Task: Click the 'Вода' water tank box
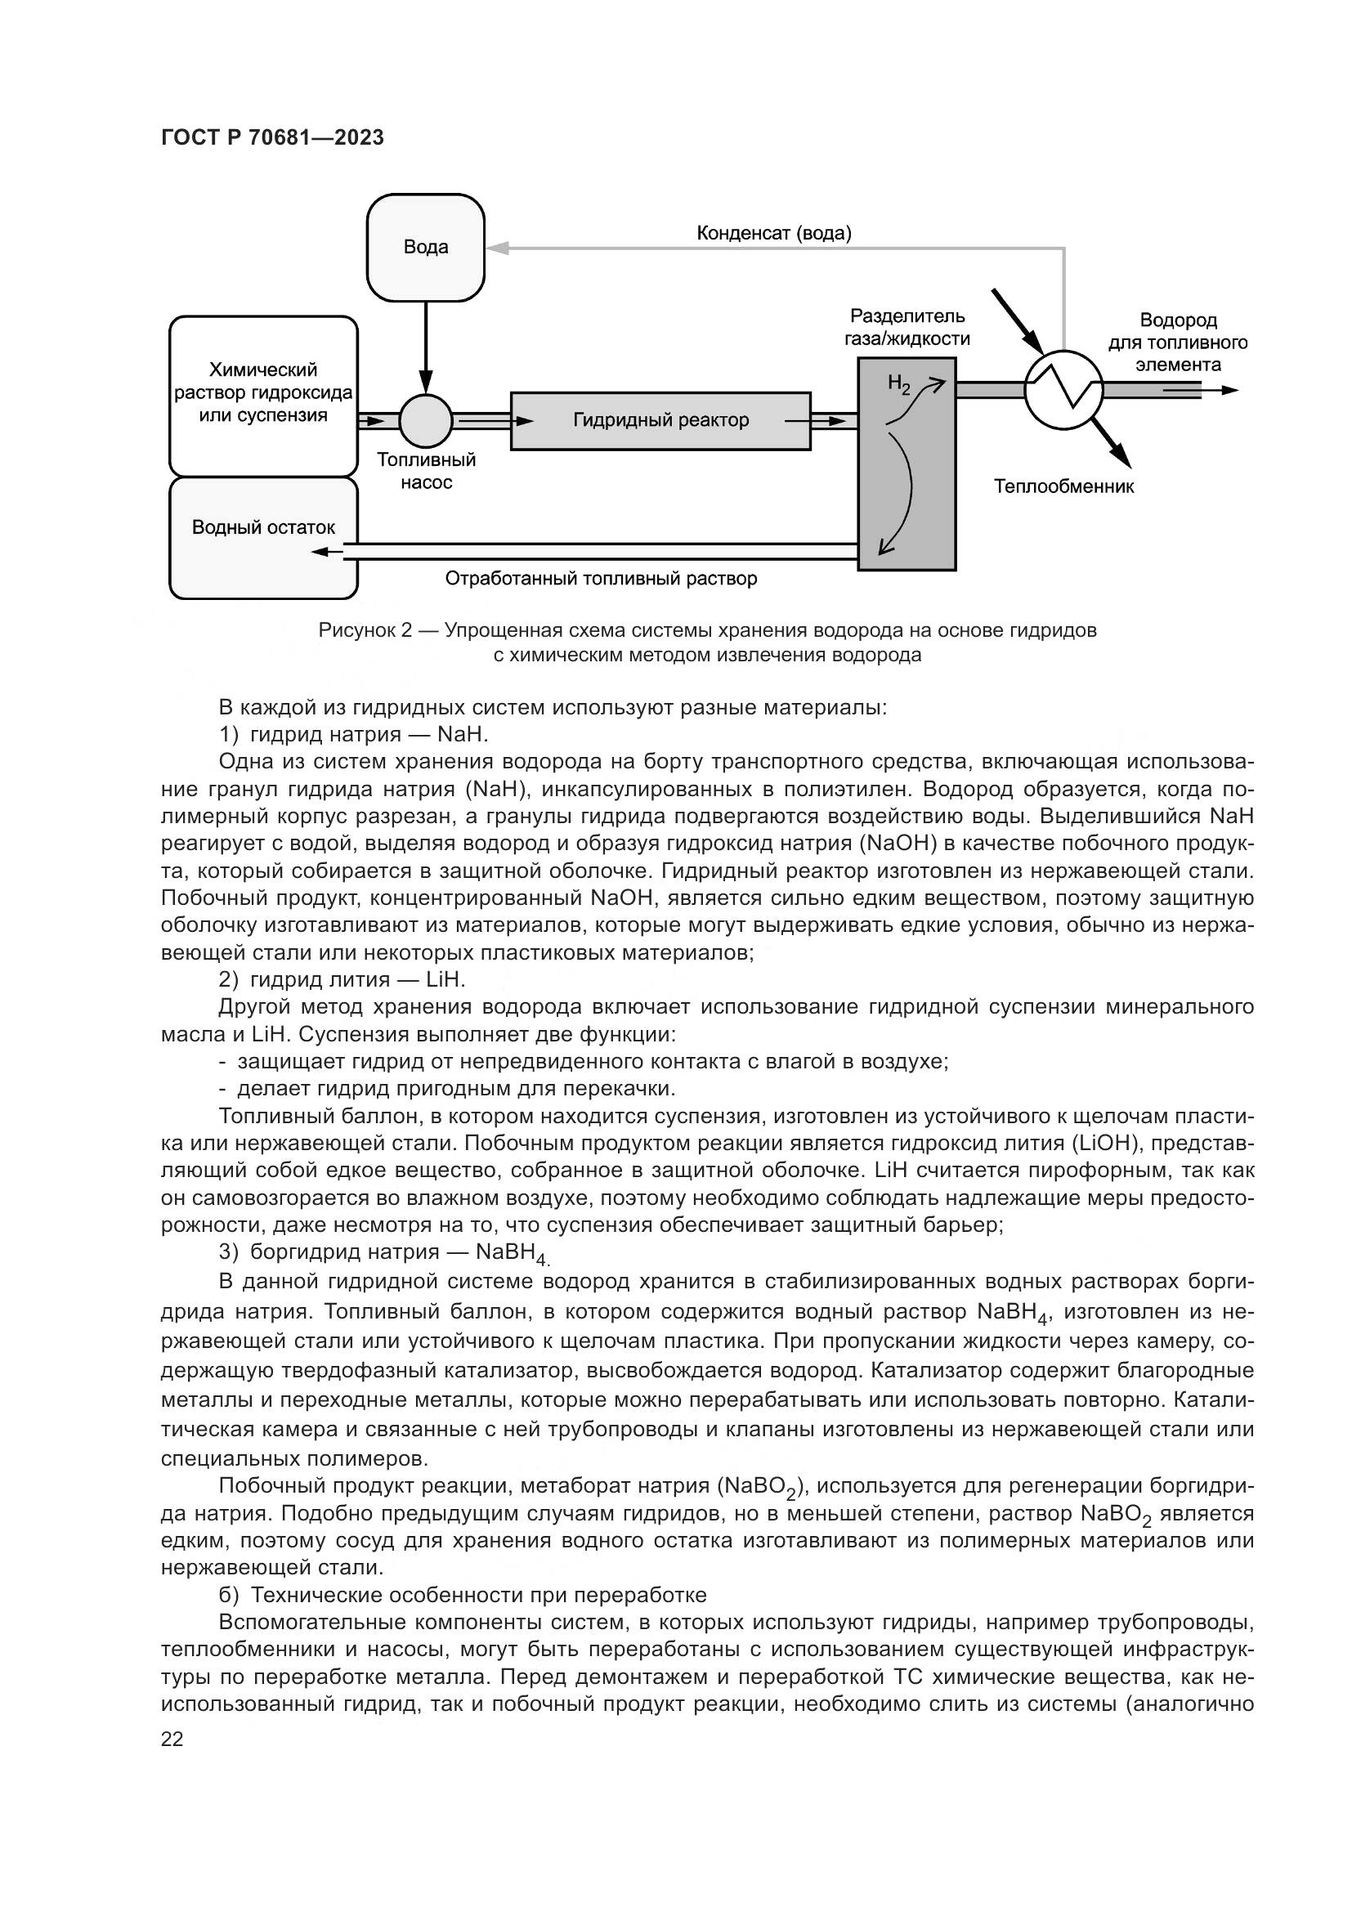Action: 425,248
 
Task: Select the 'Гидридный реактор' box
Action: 660,420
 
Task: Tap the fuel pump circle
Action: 425,420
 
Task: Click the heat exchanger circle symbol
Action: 1063,389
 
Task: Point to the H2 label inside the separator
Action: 898,384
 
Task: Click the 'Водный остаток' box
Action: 263,537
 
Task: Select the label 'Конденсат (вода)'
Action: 773,233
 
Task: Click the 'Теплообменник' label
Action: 1063,487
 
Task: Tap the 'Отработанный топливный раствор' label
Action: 601,579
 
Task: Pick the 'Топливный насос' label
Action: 425,472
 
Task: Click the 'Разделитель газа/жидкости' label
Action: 907,327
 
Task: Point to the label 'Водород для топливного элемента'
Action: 1177,343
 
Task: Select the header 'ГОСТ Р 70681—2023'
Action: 272,138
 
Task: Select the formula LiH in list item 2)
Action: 445,979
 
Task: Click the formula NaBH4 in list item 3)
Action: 510,1252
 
